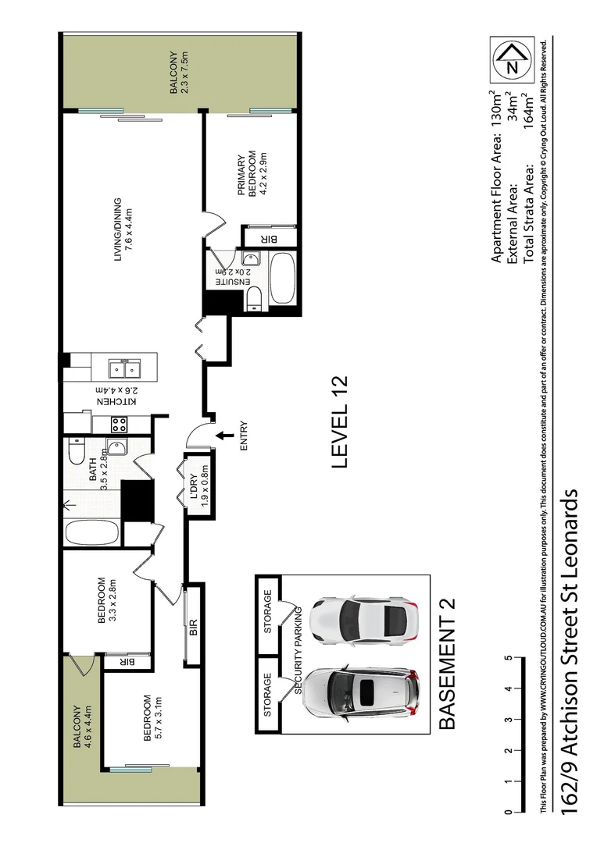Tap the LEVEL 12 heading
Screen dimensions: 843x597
(339, 422)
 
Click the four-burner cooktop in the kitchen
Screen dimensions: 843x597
(120, 424)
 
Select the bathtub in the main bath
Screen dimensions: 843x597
(91, 535)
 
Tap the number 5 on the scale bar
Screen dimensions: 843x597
(508, 658)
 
